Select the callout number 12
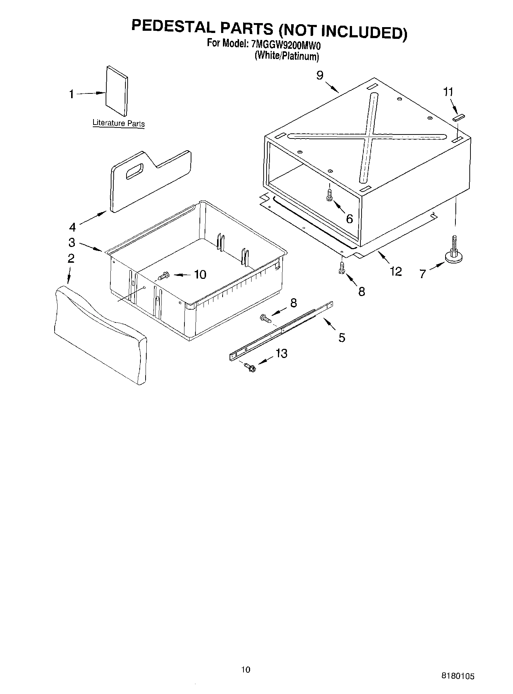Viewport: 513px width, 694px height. tap(396, 272)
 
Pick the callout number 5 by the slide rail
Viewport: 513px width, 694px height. tap(342, 337)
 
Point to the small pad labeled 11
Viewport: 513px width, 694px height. tap(459, 117)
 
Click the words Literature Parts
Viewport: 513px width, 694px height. tap(118, 123)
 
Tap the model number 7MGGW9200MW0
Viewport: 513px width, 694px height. tap(286, 44)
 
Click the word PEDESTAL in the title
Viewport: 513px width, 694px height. tap(172, 28)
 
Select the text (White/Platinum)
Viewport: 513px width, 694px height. tap(287, 56)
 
